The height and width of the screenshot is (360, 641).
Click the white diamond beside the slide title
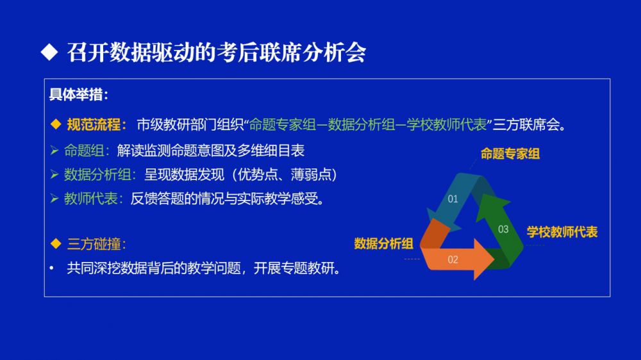tap(49, 52)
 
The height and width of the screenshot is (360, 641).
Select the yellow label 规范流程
tap(94, 125)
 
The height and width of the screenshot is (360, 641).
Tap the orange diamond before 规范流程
tap(56, 124)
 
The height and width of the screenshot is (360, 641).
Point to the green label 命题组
tap(84, 151)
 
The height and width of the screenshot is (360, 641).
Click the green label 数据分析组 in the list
tap(97, 175)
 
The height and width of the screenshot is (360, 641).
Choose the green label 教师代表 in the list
tap(91, 199)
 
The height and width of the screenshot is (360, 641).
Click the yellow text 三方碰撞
tap(94, 244)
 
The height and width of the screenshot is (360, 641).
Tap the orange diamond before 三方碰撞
tap(56, 243)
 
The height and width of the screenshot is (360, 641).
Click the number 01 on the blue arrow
tap(453, 199)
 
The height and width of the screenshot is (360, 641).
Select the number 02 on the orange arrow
tap(453, 259)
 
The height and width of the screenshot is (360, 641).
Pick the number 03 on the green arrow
tap(503, 229)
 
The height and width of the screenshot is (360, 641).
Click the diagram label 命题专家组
tap(510, 154)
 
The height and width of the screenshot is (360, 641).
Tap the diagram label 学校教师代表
tap(562, 232)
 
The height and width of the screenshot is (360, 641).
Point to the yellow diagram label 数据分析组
tap(383, 244)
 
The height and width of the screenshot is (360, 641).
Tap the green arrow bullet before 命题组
tap(54, 151)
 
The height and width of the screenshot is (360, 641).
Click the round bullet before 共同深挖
tap(51, 268)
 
